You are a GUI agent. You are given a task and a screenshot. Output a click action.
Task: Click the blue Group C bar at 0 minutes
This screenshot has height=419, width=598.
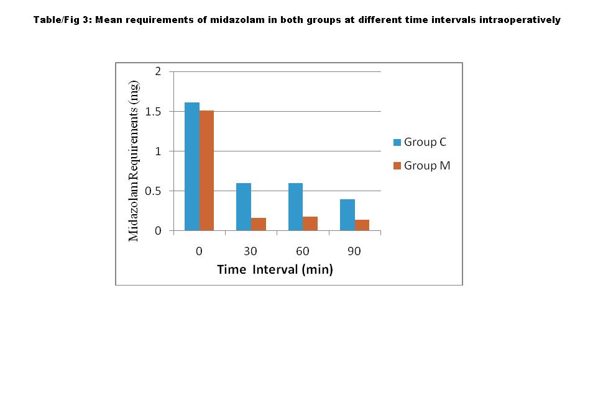[192, 166]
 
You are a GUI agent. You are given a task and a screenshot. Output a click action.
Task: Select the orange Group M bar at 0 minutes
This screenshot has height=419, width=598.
[206, 171]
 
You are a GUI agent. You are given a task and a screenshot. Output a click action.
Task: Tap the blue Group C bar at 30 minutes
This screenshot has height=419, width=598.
[244, 207]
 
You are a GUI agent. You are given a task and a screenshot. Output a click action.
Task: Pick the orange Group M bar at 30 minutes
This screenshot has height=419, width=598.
[259, 224]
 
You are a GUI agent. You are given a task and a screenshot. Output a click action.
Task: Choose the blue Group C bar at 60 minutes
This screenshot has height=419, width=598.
[295, 207]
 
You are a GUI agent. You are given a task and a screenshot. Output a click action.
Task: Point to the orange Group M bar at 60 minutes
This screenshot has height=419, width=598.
[310, 223]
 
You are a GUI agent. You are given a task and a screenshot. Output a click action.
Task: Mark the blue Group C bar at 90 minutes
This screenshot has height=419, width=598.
[347, 215]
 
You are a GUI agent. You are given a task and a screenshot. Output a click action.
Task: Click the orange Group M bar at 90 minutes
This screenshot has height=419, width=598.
[362, 225]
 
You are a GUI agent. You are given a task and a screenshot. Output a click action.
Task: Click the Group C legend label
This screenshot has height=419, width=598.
[425, 142]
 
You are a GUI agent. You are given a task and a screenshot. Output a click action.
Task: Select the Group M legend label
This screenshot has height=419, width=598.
[427, 166]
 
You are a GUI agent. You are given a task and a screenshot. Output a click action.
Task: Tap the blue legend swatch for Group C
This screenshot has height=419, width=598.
[397, 142]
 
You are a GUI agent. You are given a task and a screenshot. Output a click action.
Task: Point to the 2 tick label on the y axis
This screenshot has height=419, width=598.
[158, 71]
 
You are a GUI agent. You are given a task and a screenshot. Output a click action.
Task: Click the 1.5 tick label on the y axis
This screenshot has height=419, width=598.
[154, 111]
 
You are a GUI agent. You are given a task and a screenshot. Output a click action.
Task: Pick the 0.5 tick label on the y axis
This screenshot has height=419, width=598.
[154, 191]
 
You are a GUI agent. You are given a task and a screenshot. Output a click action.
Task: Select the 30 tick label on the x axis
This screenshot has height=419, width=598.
[251, 251]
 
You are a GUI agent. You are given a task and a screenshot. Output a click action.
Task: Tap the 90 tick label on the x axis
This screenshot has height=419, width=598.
[354, 251]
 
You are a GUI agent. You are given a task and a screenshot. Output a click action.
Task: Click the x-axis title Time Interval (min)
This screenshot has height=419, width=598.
[275, 269]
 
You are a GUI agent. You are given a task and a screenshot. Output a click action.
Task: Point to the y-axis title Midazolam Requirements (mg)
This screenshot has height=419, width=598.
[134, 161]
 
